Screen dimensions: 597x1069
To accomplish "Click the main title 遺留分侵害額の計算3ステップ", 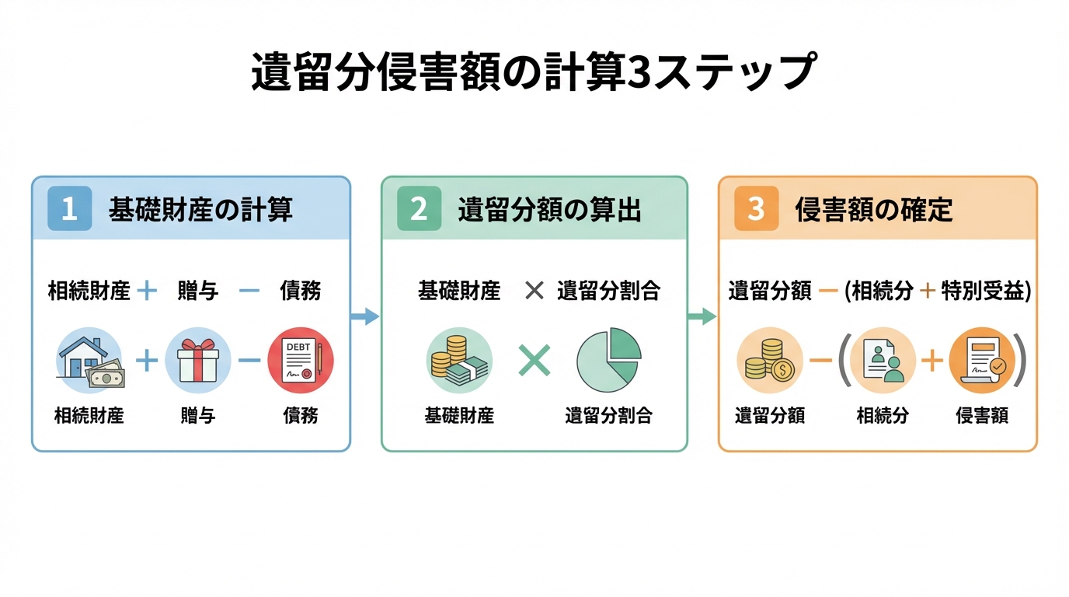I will [x=533, y=74].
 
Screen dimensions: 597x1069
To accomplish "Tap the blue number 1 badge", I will [x=69, y=208].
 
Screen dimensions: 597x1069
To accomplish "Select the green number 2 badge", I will [x=419, y=208].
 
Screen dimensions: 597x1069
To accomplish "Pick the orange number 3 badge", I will [x=756, y=208].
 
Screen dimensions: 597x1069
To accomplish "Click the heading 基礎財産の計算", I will [x=200, y=210].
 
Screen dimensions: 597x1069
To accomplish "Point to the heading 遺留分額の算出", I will [x=550, y=210].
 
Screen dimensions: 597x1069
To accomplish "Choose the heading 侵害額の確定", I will [x=874, y=210].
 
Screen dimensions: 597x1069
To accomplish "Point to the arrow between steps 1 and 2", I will [x=365, y=316].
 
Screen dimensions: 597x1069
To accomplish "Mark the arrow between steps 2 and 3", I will [x=702, y=316].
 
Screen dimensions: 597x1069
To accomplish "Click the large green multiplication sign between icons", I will [x=534, y=361].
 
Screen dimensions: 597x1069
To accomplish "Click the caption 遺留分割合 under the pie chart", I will [x=608, y=416].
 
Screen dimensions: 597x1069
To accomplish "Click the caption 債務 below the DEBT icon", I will [x=300, y=416].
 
